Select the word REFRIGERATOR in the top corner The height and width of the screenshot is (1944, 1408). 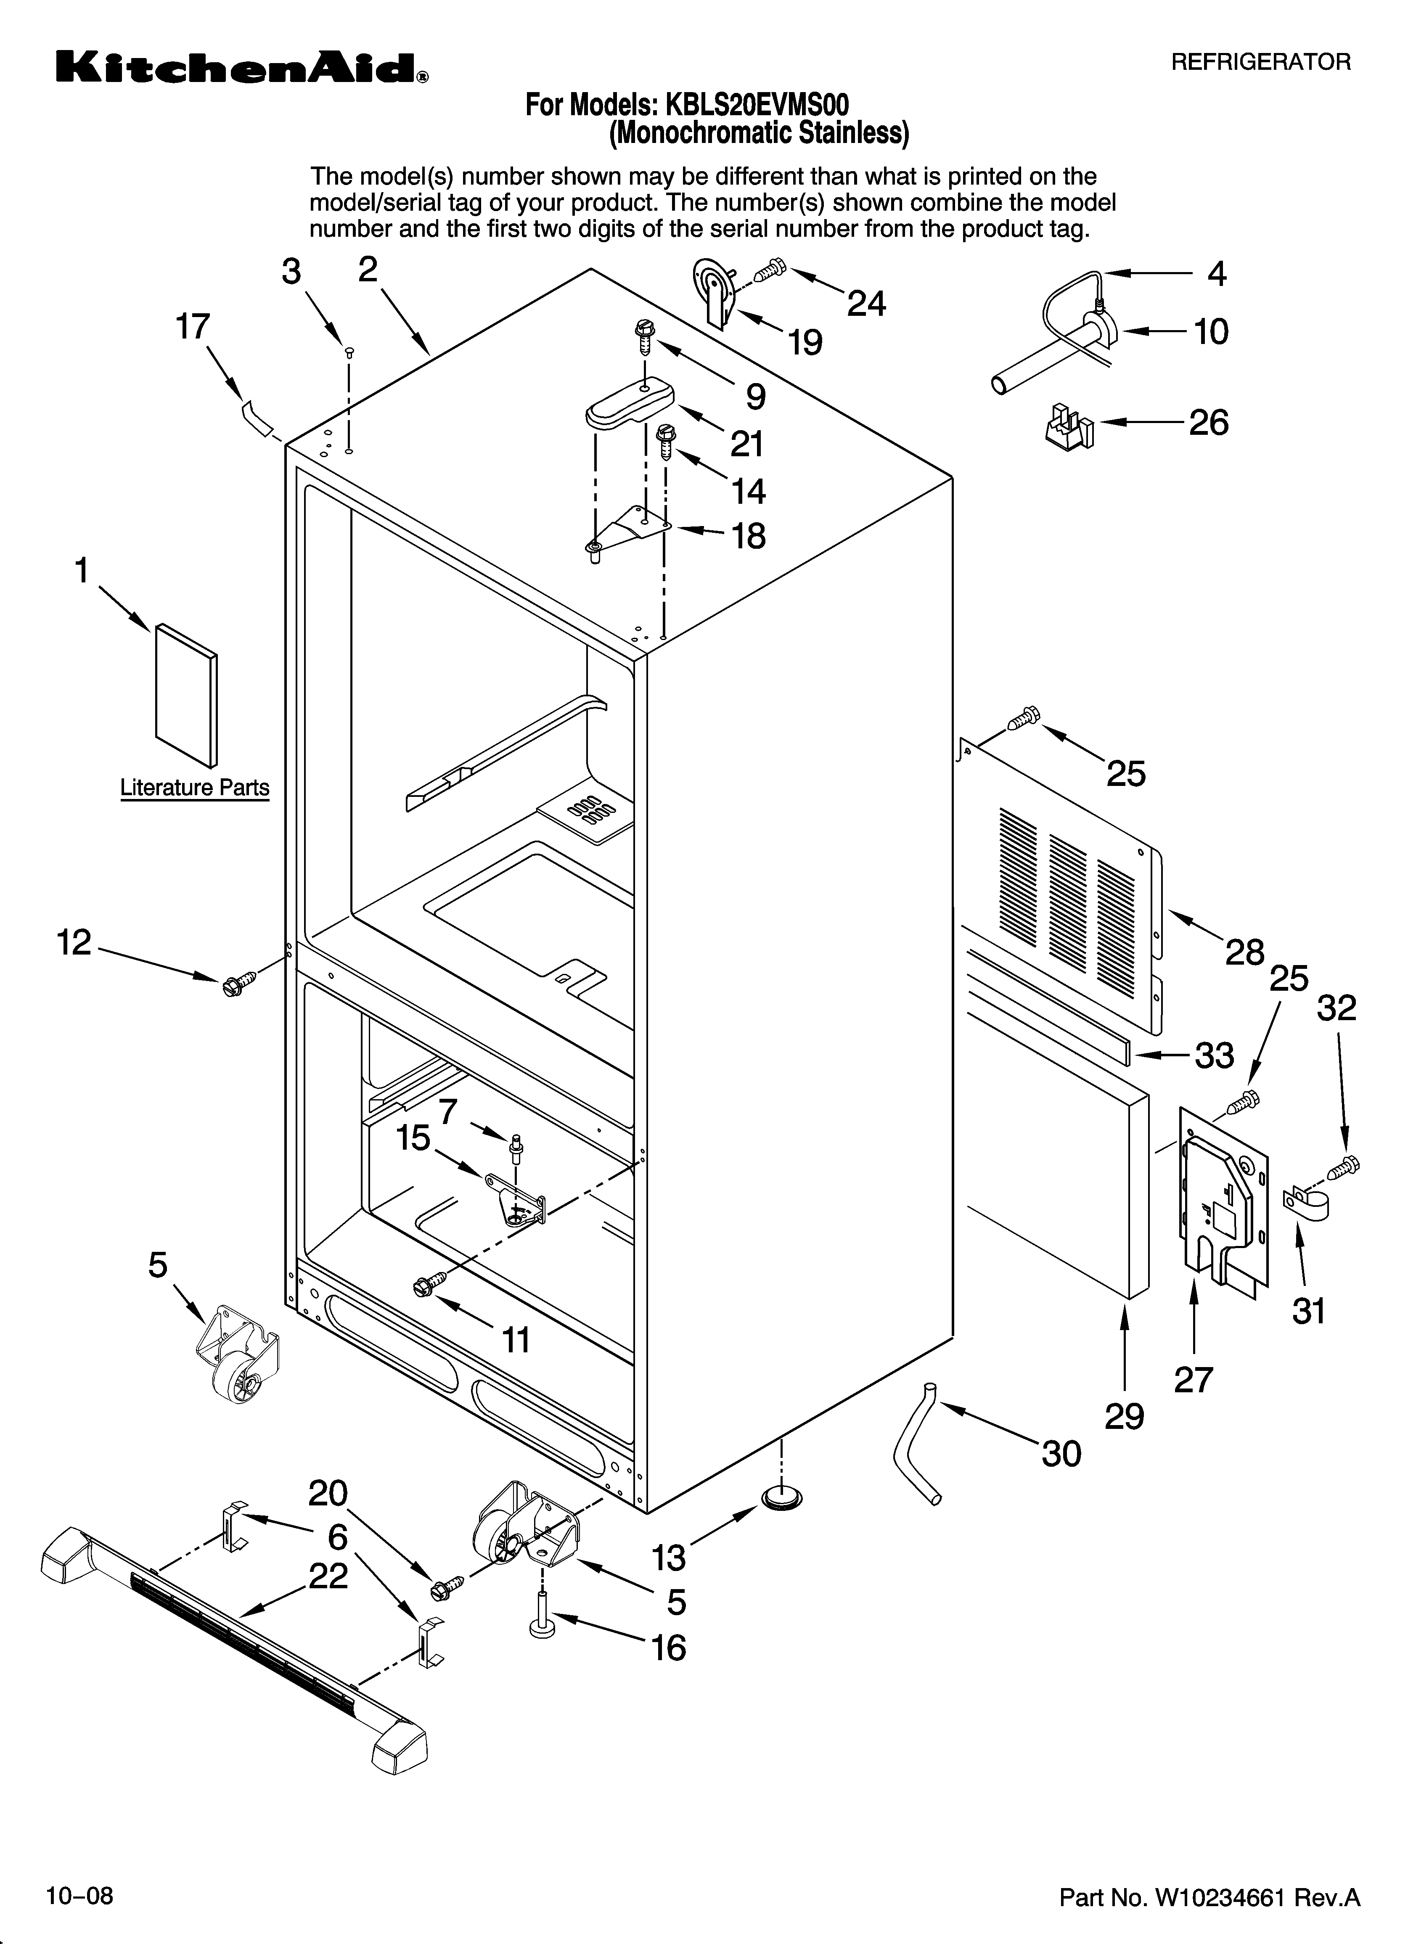(x=1260, y=62)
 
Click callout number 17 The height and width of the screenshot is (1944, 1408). (x=193, y=327)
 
